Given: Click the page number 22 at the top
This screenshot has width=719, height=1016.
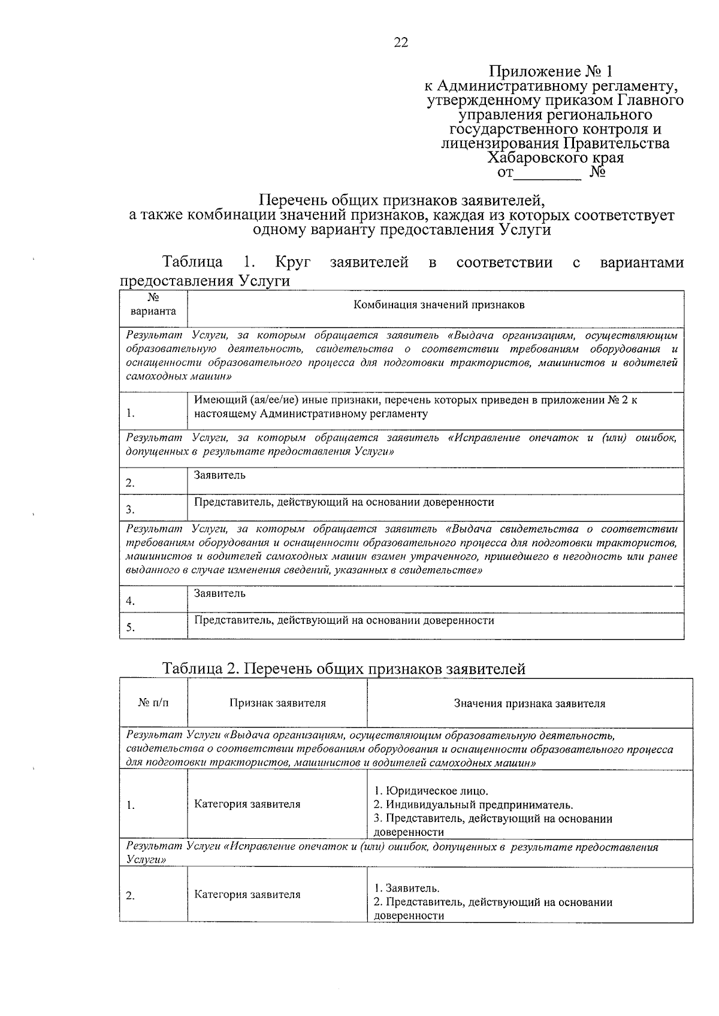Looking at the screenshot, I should click(x=401, y=42).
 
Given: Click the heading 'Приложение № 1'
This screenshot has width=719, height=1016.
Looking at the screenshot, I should click(x=551, y=72).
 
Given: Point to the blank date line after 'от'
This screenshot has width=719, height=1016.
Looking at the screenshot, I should click(x=548, y=174).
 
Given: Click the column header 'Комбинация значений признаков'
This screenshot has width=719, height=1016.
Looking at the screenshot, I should click(x=439, y=305).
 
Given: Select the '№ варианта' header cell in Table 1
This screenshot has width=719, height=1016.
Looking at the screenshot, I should click(x=153, y=304).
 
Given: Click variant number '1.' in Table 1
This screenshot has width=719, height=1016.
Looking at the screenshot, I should click(x=130, y=414).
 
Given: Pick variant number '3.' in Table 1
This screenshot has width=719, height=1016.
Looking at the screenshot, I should click(x=130, y=510).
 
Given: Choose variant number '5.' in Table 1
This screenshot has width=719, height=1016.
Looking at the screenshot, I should click(x=130, y=628).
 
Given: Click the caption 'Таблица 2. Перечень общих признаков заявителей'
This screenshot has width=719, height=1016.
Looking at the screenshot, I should click(x=344, y=669).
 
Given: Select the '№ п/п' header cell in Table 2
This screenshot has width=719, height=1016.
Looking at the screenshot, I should click(x=153, y=703).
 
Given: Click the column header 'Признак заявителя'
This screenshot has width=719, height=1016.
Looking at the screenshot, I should click(x=277, y=703).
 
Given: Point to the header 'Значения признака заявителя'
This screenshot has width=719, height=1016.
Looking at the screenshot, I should click(x=529, y=703).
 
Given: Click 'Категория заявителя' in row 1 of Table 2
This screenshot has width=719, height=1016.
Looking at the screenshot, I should click(x=247, y=804).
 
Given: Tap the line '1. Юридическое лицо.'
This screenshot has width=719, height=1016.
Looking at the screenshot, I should click(x=431, y=791).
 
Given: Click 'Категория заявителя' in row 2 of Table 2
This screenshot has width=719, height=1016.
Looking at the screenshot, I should click(x=247, y=894).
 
